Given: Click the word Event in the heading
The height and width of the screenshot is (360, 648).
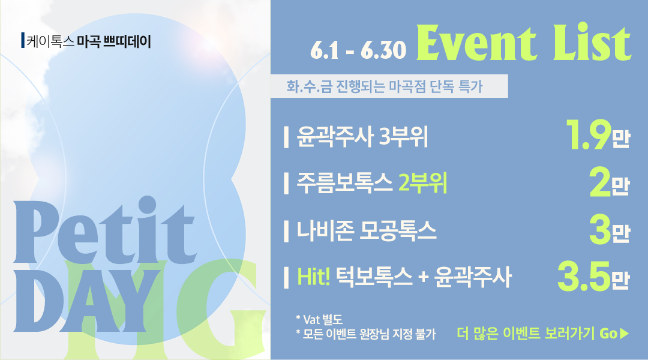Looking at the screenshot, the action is [x=476, y=43].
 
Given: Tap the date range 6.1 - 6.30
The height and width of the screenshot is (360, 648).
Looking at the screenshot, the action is [x=358, y=50].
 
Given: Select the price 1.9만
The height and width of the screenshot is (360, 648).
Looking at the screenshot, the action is [x=598, y=135].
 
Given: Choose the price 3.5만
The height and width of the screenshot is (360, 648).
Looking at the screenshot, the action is [x=593, y=276].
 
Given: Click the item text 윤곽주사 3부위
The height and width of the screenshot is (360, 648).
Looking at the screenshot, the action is [x=362, y=136].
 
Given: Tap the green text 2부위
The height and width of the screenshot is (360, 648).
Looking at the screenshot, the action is [x=423, y=183].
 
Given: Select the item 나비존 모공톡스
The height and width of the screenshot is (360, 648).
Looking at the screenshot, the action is [x=367, y=230].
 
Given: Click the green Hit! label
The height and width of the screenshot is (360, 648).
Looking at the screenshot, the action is [x=314, y=277].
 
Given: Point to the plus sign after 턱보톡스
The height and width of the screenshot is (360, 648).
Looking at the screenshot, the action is [x=423, y=278].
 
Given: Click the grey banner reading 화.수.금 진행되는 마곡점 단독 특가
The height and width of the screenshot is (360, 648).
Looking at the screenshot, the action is [x=389, y=86].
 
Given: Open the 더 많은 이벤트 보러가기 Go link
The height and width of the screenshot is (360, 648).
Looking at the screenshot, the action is [x=542, y=333].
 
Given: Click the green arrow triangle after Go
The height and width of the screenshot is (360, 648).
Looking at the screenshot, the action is [x=625, y=334].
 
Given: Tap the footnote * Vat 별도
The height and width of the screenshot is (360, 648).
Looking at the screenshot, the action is [x=319, y=319].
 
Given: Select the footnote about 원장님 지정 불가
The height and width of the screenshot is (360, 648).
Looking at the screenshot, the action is [x=365, y=334].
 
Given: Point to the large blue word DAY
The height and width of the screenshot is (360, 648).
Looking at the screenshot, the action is [x=88, y=299].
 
